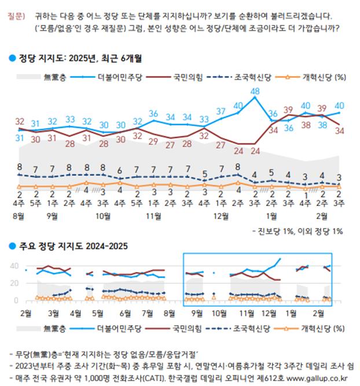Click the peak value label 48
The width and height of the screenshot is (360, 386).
(x=255, y=91)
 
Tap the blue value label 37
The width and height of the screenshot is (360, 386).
(x=221, y=111)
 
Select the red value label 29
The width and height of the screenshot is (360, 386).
(x=153, y=141)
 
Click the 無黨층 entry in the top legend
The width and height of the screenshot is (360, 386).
(x=56, y=76)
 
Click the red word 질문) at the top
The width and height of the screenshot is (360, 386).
(x=17, y=16)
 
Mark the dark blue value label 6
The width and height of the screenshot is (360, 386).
(x=119, y=170)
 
